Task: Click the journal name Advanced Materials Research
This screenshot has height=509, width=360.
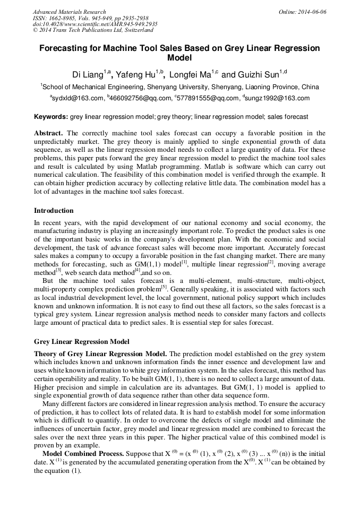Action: pyautogui.click(x=69, y=12)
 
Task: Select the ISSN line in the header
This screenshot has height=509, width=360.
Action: pyautogui.click(x=90, y=18)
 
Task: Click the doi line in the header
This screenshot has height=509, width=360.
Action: pyautogui.click(x=95, y=24)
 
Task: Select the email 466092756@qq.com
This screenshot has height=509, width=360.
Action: pyautogui.click(x=138, y=98)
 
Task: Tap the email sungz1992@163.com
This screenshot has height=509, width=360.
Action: pyautogui.click(x=278, y=98)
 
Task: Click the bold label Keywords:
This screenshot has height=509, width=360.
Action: pyautogui.click(x=50, y=117)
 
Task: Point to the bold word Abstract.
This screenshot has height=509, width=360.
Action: pyautogui.click(x=49, y=133)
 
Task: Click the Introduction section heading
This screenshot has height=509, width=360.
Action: pyautogui.click(x=54, y=211)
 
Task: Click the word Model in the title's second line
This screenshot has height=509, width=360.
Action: pyautogui.click(x=179, y=58)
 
